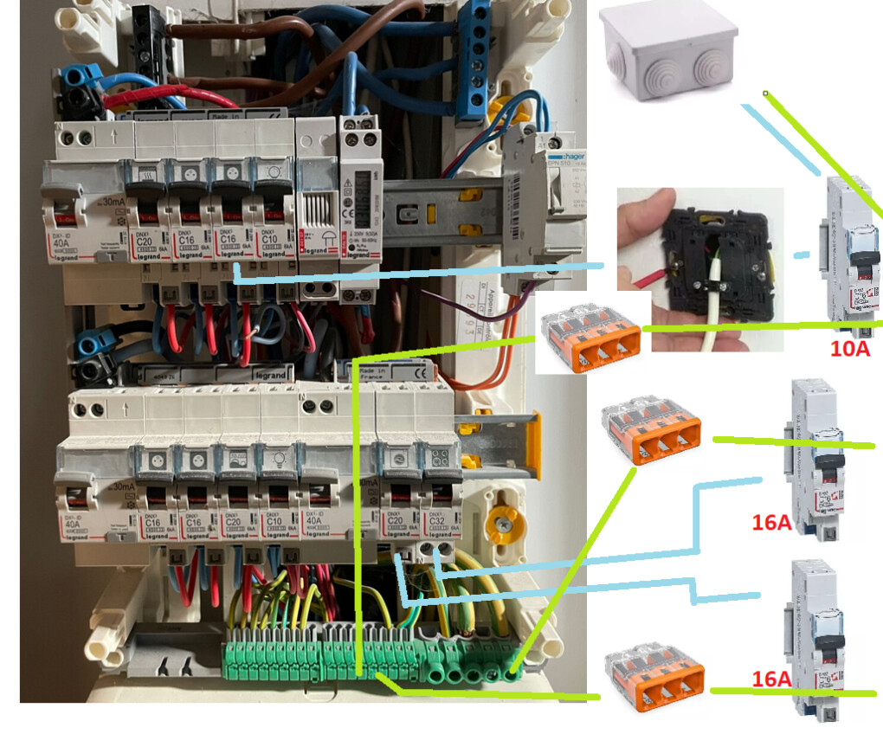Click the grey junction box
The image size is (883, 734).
[668, 51]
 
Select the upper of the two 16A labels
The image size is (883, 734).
[771, 522]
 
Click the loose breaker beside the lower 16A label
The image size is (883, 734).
[817, 641]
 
